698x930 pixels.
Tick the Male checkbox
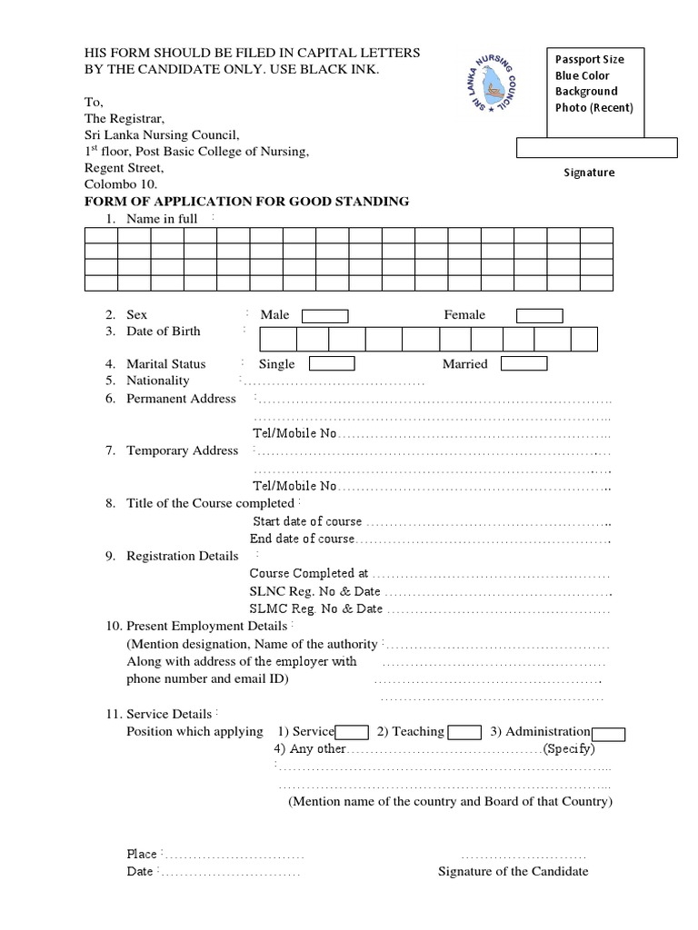324,316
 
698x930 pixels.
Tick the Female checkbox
540,316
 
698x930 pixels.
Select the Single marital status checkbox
332,364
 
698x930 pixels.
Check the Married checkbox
524,364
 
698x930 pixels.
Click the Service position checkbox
352,733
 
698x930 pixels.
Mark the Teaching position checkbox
465,733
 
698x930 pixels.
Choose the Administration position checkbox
608,734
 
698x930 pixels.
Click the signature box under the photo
596,147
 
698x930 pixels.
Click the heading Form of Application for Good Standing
246,201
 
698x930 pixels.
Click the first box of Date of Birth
278,340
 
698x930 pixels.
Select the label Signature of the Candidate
513,872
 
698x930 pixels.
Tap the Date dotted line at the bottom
229,872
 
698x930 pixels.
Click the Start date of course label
307,522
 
